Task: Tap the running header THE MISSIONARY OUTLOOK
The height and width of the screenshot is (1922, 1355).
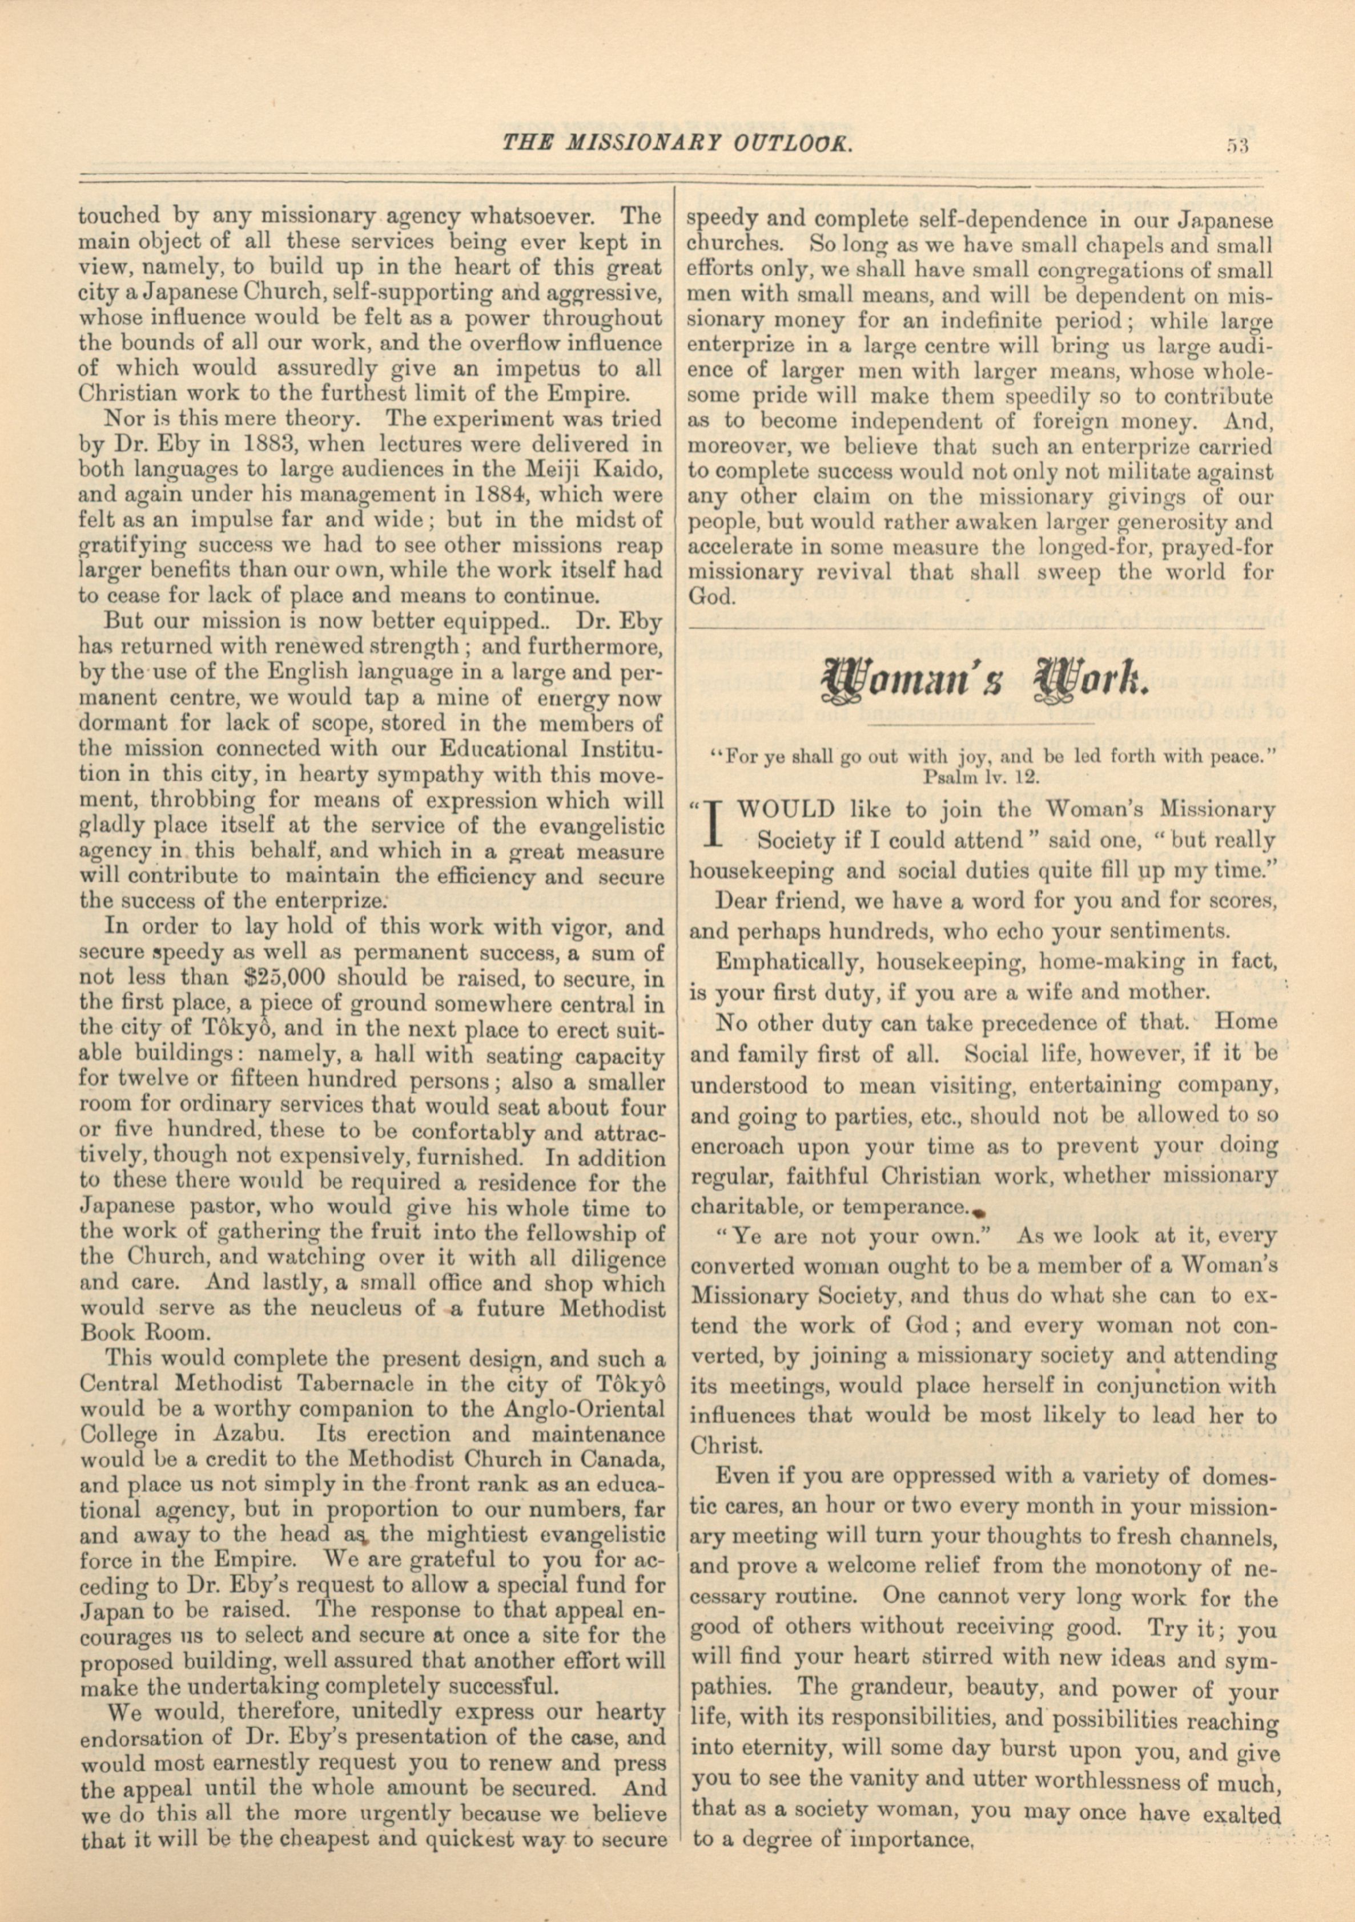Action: click(677, 143)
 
